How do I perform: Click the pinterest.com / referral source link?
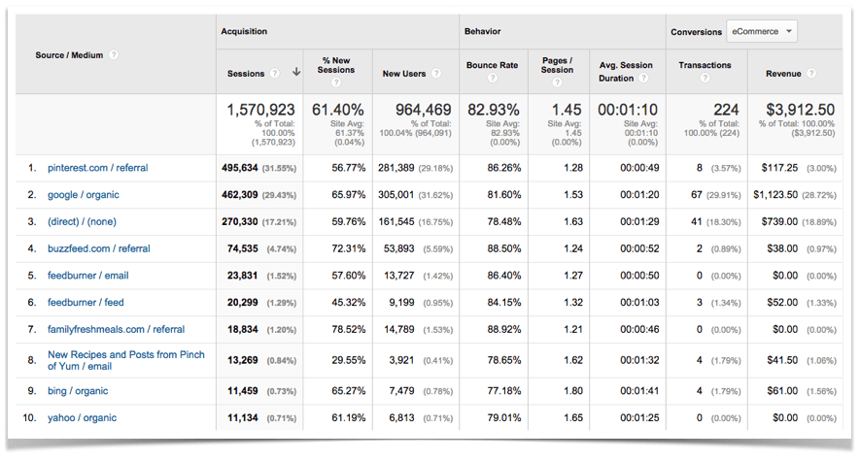click(97, 168)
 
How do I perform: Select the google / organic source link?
click(83, 195)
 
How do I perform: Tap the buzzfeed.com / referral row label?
click(98, 249)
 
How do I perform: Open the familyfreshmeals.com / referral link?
click(116, 330)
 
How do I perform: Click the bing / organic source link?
click(78, 391)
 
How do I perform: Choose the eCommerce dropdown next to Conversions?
click(762, 32)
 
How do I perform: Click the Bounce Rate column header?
click(491, 65)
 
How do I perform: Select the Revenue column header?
click(783, 74)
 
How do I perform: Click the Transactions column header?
click(705, 65)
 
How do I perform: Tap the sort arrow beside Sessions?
click(295, 74)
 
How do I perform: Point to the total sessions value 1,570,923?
click(260, 111)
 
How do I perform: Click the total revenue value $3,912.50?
click(800, 111)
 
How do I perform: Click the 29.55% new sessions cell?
click(348, 360)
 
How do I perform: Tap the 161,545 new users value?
click(414, 222)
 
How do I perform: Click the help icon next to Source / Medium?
click(114, 55)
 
